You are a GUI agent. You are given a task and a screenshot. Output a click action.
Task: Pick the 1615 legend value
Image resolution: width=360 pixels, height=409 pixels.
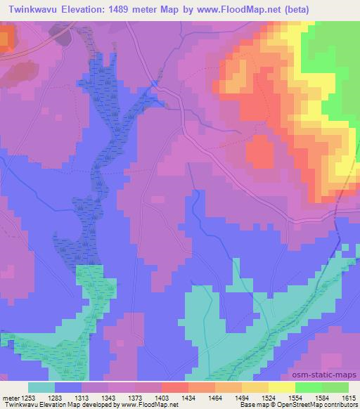[347, 397]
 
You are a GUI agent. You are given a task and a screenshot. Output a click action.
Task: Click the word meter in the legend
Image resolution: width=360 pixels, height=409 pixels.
[9, 397]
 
